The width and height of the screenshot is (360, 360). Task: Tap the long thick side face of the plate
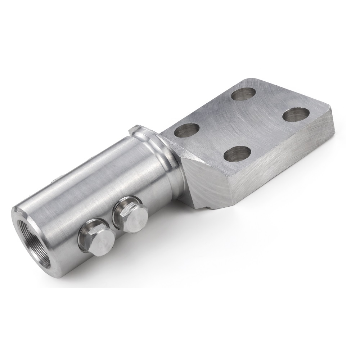[281, 166]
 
